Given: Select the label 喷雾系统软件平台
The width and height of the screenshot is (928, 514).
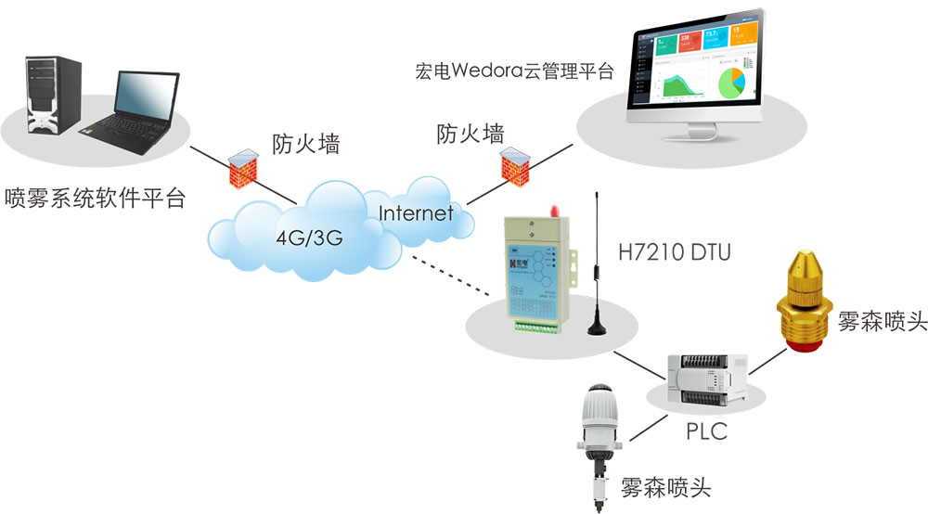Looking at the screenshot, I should (x=95, y=198).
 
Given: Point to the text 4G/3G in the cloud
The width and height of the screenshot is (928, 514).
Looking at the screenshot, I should (x=309, y=238).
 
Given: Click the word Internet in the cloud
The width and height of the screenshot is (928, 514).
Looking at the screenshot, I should (x=416, y=213).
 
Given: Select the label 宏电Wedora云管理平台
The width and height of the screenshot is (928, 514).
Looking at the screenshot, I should (x=515, y=71).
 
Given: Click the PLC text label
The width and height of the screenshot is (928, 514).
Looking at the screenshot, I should (x=706, y=430).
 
